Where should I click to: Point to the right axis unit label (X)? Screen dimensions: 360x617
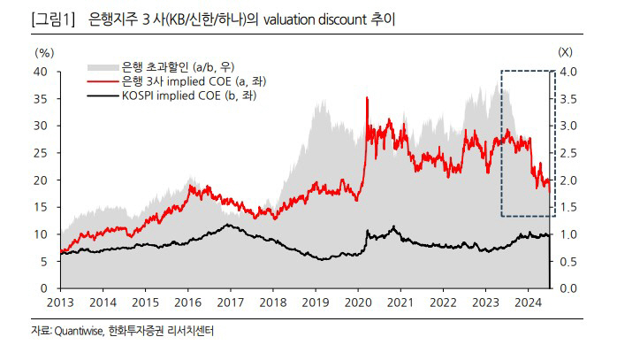565,54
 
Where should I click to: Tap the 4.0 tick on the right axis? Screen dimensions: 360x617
567,72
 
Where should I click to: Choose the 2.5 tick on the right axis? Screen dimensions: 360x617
567,153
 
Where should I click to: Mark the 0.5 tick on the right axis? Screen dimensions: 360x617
567,262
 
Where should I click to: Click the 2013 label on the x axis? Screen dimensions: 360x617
61,302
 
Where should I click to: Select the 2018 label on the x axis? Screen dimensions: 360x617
273,302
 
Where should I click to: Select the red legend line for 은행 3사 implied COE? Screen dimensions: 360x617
102,80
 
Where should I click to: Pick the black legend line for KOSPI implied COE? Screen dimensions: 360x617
102,94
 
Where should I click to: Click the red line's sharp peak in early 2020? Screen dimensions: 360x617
367,97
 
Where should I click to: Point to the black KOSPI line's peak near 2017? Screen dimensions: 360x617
229,225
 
